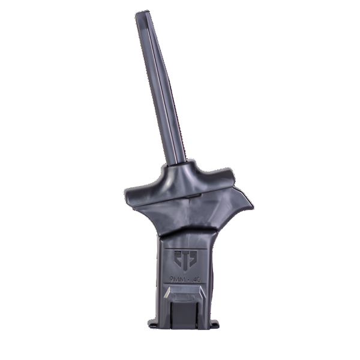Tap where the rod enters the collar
click(179, 163)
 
